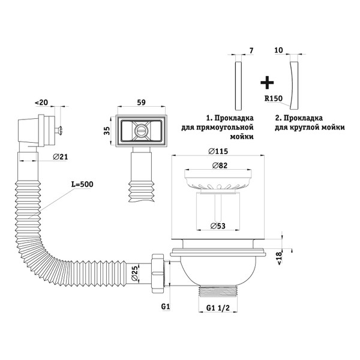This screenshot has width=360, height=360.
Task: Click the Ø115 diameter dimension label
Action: pyautogui.click(x=218, y=151)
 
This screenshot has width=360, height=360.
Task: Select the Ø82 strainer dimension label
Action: pyautogui.click(x=220, y=166)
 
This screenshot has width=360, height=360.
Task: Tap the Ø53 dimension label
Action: pyautogui.click(x=218, y=226)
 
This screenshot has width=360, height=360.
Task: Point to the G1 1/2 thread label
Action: pyautogui.click(x=218, y=308)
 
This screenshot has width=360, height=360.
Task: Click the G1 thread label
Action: pyautogui.click(x=166, y=306)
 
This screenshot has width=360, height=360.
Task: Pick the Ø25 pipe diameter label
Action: pyautogui.click(x=135, y=273)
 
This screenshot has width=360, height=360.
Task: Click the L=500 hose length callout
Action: pyautogui.click(x=82, y=184)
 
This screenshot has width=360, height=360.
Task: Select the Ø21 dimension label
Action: pyautogui.click(x=61, y=157)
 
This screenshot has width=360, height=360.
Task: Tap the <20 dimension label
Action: pyautogui.click(x=41, y=103)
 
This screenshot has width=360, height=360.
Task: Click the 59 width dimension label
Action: pyautogui.click(x=141, y=103)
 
